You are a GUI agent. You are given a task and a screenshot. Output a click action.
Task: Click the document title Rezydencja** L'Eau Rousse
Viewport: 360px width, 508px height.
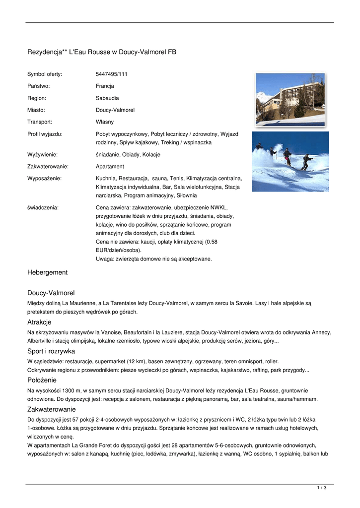click(102, 52)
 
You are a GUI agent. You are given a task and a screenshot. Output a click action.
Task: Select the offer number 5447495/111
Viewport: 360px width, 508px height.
click(112, 74)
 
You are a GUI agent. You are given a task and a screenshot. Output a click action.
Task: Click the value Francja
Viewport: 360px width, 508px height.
click(105, 86)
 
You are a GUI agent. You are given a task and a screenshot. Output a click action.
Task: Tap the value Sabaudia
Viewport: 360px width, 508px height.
click(107, 98)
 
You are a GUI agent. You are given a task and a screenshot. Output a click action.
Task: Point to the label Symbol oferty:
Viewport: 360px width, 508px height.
click(45, 74)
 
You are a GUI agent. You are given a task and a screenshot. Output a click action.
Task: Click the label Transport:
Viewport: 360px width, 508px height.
click(40, 122)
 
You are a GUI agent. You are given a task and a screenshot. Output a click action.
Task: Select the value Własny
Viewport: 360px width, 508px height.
click(105, 122)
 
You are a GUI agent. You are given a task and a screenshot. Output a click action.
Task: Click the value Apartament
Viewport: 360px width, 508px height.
click(110, 167)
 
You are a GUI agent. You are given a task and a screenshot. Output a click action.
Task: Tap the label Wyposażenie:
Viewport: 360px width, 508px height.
click(45, 179)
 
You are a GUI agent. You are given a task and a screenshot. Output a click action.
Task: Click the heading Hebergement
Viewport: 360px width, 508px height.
click(47, 272)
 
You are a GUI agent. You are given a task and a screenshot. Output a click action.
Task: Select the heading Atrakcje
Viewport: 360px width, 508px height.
click(39, 322)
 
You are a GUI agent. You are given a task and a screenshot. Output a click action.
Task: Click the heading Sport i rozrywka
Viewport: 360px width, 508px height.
click(51, 351)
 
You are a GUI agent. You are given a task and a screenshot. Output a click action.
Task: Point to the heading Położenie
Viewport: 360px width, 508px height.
click(42, 380)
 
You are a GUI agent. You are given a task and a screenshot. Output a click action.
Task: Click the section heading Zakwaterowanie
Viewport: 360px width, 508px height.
click(51, 409)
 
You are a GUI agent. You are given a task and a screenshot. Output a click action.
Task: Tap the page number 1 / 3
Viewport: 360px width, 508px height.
click(322, 488)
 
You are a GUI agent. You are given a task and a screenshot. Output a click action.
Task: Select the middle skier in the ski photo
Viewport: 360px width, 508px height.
click(287, 156)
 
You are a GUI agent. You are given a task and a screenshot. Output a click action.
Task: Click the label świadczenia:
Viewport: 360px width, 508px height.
click(43, 207)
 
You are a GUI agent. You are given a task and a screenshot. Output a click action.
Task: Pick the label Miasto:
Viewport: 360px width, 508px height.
click(36, 110)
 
